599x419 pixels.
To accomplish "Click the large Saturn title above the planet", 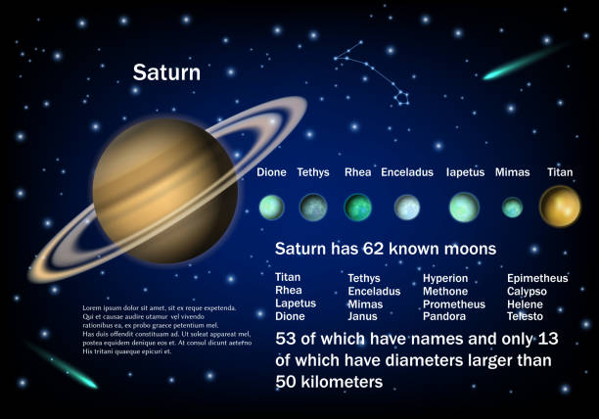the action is point(166,72).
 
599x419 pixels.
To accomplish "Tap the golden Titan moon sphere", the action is point(560,207).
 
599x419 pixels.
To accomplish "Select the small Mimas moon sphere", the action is point(512,208).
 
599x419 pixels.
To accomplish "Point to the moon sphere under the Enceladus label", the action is point(407,208).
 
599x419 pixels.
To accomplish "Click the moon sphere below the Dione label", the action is point(272,208).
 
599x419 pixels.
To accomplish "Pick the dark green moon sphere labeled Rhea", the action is point(358,208).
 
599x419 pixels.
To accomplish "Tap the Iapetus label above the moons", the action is point(465,172).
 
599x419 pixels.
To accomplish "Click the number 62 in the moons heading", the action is point(373,249).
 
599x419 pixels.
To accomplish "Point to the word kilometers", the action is point(342,382).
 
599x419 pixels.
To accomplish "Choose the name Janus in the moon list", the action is point(362,316).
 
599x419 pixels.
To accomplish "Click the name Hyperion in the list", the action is point(445,278).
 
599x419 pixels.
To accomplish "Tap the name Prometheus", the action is point(454,304).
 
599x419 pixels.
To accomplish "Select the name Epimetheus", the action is point(537,278).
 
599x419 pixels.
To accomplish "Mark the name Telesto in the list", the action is point(525,316).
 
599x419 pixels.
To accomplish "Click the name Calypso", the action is point(527,292).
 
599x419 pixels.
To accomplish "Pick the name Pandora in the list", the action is point(444,316).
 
